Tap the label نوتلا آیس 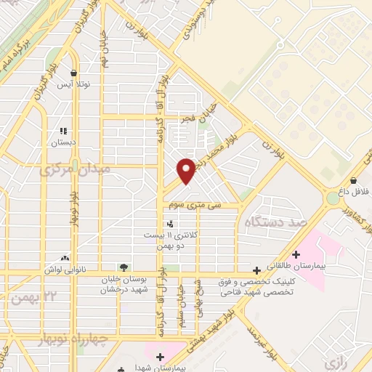(73, 84)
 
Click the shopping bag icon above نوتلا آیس (74, 73)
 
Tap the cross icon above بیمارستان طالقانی (296, 255)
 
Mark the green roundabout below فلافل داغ (333, 197)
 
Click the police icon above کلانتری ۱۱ (169, 224)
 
